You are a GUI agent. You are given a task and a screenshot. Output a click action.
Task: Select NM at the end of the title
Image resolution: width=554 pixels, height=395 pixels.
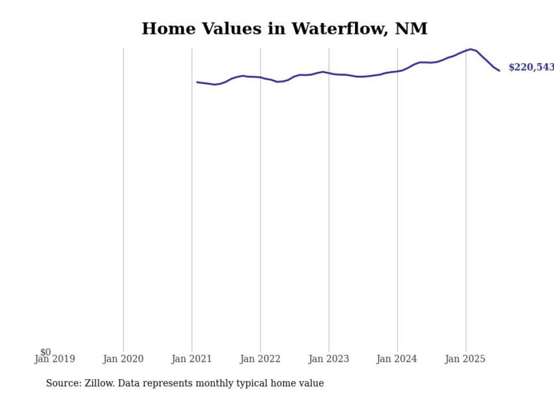click(413, 28)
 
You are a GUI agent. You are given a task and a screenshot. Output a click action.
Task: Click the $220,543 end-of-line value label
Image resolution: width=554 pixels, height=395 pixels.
click(531, 67)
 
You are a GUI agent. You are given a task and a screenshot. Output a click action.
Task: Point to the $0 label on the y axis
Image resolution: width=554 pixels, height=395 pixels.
click(45, 352)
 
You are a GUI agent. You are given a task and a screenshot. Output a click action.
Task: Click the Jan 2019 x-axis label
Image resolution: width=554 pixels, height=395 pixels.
click(54, 359)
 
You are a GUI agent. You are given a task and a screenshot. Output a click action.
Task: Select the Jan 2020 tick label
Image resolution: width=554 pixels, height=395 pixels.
click(123, 359)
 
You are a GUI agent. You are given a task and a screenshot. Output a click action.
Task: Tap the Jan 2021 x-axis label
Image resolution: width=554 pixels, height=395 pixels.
click(192, 359)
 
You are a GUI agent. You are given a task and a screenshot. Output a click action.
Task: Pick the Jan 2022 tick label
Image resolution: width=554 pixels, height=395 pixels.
click(260, 359)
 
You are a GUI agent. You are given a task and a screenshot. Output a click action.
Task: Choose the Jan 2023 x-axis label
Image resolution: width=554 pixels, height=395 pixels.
click(329, 359)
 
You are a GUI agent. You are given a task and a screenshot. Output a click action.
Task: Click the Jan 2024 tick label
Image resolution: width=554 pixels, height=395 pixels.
click(397, 359)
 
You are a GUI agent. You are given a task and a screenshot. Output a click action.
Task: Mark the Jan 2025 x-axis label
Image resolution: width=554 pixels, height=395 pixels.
click(466, 359)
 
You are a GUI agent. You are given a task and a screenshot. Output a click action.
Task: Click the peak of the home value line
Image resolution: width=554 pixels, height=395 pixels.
click(470, 49)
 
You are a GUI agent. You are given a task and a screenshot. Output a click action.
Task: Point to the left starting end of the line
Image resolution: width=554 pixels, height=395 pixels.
click(197, 82)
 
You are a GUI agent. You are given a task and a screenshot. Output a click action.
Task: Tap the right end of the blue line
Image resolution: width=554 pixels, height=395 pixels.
click(499, 71)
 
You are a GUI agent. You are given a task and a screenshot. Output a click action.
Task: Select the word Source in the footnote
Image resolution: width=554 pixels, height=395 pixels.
click(63, 383)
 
